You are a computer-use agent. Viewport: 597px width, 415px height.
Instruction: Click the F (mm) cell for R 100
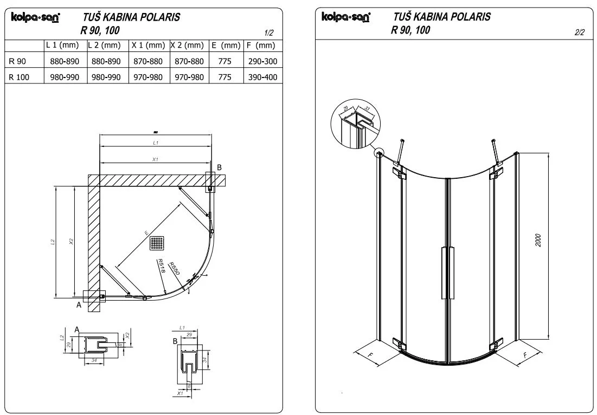click(x=262, y=77)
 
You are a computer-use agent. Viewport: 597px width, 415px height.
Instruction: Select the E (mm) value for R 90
click(x=224, y=61)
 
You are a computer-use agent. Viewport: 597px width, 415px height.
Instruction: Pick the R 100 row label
click(x=20, y=77)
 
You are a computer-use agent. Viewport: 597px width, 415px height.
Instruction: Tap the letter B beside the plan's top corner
click(x=220, y=168)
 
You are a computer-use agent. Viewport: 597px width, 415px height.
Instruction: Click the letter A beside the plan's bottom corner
click(x=78, y=305)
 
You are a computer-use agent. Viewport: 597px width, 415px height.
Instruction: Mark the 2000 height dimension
click(x=538, y=241)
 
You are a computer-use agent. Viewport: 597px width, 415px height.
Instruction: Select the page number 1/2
click(x=269, y=33)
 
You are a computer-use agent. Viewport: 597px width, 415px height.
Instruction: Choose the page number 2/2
click(x=579, y=33)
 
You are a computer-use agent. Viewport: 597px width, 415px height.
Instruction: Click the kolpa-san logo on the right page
click(x=346, y=17)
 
